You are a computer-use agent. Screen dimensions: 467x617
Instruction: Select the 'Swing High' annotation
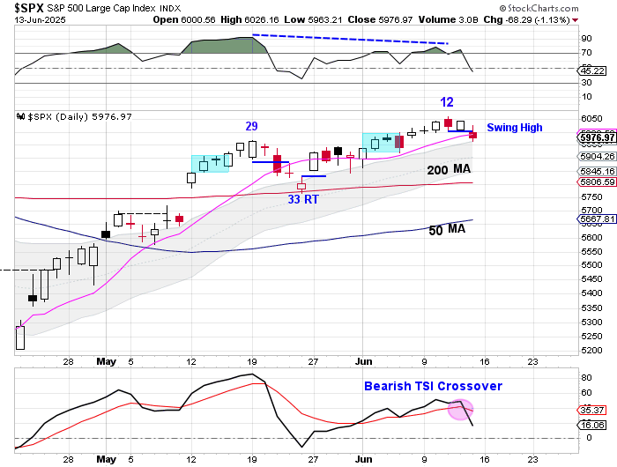[515, 128]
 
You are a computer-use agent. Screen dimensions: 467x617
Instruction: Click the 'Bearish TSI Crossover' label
[434, 386]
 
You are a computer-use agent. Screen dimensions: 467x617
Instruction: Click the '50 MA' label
[448, 229]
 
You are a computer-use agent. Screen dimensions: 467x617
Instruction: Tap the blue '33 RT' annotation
[304, 200]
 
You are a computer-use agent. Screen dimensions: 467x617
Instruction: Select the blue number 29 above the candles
[252, 127]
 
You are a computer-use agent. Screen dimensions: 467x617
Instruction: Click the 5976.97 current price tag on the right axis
[596, 137]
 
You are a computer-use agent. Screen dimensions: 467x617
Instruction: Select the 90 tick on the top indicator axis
[585, 39]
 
